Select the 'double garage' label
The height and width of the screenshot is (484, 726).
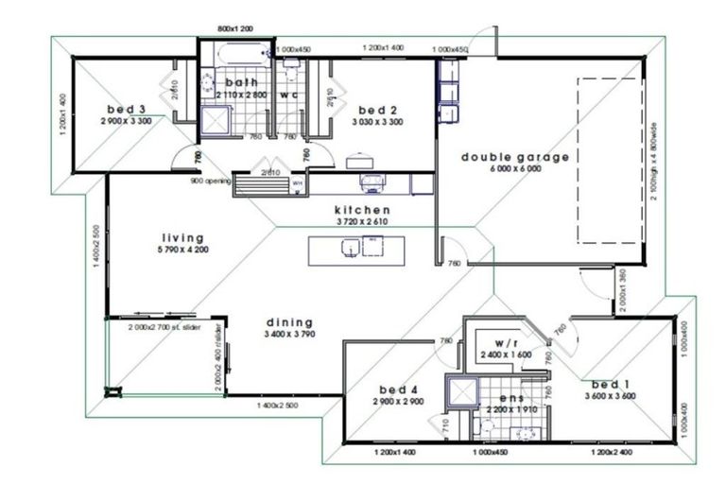514,157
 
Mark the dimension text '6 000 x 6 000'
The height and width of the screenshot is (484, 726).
514,169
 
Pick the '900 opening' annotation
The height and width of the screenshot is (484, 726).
210,180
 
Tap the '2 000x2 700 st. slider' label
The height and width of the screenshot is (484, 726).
164,327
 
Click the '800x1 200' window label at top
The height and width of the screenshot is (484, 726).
236,29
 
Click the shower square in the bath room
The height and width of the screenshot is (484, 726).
216,121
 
